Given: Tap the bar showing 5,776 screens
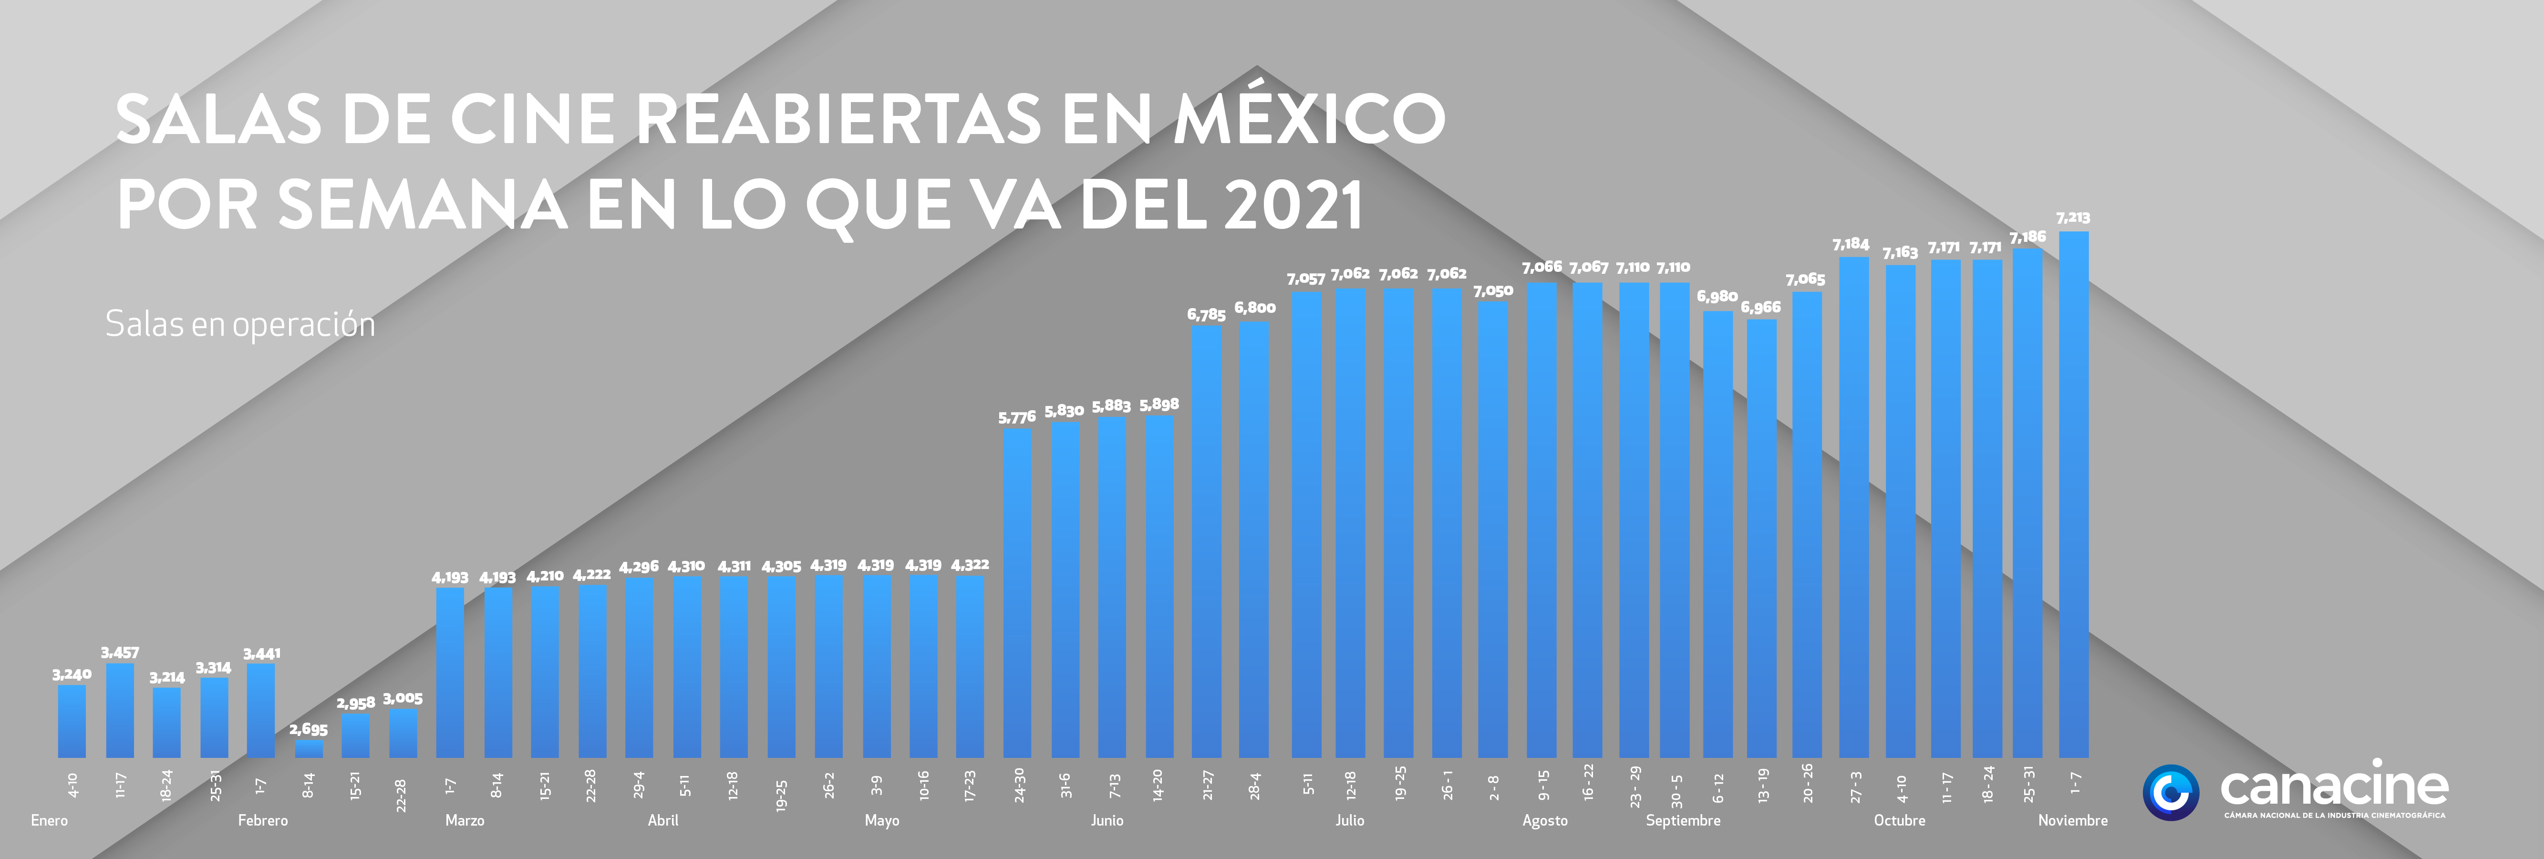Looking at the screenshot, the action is point(1017,593).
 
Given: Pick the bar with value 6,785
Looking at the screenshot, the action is point(1207,542).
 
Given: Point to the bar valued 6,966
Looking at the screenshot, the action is point(1762,539).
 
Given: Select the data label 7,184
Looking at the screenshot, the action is point(1851,244).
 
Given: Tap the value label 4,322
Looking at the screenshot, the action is point(970,565).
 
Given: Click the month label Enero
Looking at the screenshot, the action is point(50,820).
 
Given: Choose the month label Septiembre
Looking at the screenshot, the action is point(1683,820).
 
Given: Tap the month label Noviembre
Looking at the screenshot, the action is point(2073,820).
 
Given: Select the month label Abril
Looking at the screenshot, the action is point(662,820).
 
